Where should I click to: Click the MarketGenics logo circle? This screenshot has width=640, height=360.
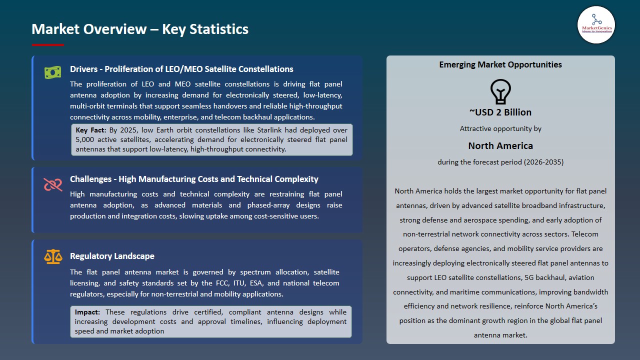click(x=596, y=25)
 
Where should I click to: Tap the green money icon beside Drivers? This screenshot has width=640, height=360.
click(x=52, y=72)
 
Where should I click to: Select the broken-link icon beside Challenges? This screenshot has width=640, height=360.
click(x=52, y=184)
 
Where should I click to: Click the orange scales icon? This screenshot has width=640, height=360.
click(x=52, y=257)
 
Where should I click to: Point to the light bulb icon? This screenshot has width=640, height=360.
click(x=500, y=91)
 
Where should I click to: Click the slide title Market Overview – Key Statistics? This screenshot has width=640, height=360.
click(x=140, y=29)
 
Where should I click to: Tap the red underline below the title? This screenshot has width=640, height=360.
click(x=48, y=45)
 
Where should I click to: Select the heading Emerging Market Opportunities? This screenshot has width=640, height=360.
click(x=500, y=64)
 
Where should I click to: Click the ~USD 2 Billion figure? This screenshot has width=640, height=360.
click(x=500, y=112)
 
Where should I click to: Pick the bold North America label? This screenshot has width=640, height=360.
click(x=500, y=145)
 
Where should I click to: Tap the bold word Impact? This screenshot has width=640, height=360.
click(x=88, y=312)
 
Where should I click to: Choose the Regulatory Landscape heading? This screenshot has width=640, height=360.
click(x=112, y=256)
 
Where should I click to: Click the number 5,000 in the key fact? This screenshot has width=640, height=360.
click(x=85, y=139)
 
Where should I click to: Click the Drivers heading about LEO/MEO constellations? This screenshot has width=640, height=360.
click(x=181, y=69)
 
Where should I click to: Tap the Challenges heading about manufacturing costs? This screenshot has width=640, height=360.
click(x=194, y=179)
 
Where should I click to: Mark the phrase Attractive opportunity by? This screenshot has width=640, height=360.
click(x=500, y=128)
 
